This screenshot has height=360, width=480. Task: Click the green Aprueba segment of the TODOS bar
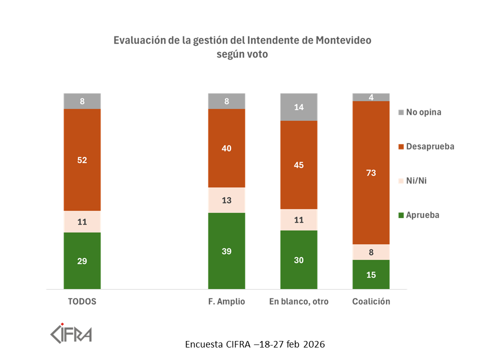82,260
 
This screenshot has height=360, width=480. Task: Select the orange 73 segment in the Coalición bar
371,172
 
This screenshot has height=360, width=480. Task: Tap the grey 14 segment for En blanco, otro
299,107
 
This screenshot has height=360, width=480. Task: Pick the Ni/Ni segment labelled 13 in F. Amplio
226,200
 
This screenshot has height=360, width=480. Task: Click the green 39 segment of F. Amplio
226,250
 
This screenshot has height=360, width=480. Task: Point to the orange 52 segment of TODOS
82,160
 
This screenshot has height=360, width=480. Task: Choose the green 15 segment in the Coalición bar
371,274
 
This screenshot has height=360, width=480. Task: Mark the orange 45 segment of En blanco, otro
299,165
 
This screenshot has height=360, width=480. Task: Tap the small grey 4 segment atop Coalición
371,97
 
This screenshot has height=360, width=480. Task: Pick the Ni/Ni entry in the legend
416,180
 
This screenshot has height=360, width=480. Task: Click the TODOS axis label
82,302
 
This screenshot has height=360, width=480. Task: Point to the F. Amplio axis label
226,302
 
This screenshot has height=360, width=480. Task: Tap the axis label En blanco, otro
299,302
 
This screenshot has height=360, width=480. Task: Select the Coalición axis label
371,302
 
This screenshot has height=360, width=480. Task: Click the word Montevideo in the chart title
344,40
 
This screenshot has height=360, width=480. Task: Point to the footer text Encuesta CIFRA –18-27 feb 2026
255,345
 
